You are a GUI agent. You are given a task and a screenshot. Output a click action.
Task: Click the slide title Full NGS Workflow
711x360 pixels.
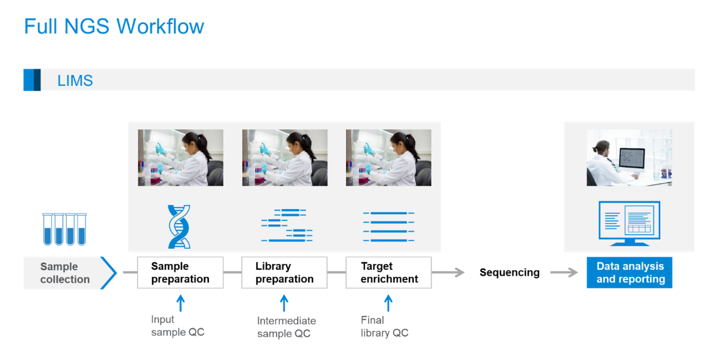point(114,26)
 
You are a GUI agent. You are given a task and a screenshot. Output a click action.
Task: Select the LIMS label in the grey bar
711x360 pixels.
point(75,80)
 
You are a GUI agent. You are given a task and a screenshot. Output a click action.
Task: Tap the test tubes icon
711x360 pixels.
point(64,229)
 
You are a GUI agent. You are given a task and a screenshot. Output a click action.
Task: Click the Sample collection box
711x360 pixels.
point(65,273)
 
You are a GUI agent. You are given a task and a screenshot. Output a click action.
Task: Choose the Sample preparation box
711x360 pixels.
point(180,273)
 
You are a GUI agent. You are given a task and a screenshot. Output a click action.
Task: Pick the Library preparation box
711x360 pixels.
point(284,273)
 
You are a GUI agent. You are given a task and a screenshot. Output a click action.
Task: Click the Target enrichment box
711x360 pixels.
point(388,273)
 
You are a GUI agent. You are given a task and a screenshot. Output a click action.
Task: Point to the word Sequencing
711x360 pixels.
point(509,273)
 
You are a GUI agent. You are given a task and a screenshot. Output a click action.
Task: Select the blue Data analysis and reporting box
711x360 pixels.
point(630,273)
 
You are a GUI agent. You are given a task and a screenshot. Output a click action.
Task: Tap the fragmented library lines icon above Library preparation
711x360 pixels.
point(286,226)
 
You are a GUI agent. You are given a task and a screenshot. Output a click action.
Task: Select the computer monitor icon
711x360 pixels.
point(629,223)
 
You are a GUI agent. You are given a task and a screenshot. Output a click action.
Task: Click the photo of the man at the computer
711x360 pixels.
point(629,158)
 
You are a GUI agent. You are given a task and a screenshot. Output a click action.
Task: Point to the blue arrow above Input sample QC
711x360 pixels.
point(180,302)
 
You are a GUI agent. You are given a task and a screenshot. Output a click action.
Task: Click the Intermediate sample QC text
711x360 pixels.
point(286,327)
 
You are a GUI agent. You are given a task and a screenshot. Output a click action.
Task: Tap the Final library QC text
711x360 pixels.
point(384,326)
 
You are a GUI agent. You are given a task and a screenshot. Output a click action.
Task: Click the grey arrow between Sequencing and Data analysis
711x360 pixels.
point(564,273)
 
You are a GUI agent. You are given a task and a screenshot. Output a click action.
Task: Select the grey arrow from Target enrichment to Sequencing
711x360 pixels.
point(448,273)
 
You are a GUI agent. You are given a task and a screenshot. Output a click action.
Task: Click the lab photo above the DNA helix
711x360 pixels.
point(180,158)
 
